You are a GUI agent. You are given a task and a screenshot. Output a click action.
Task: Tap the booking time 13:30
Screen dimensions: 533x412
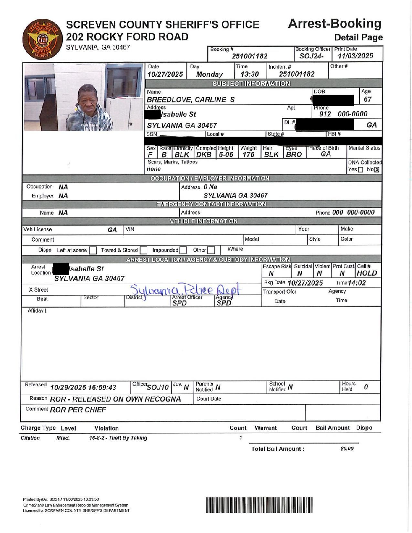(249, 74)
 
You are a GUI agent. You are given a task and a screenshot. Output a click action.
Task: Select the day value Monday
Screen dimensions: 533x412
(209, 74)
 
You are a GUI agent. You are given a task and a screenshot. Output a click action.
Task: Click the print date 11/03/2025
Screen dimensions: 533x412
(355, 56)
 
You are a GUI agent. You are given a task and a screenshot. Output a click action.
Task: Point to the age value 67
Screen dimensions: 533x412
(367, 99)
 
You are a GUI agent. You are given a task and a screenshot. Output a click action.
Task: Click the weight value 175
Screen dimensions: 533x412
(248, 154)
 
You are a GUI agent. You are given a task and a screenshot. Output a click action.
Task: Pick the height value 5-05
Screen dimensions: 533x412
(226, 154)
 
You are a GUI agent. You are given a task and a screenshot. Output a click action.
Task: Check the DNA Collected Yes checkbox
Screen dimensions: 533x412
(361, 170)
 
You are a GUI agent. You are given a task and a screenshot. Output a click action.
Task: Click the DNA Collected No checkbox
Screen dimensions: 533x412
(376, 170)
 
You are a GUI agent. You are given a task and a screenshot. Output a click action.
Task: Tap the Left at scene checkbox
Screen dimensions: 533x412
(93, 250)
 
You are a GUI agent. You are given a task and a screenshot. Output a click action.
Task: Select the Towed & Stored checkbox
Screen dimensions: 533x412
(144, 250)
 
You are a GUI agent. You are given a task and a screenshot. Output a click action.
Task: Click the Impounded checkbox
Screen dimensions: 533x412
(183, 250)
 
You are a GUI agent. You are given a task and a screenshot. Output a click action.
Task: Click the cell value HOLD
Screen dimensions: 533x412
(367, 273)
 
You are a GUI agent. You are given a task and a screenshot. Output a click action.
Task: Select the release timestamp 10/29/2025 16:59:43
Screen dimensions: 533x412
(83, 388)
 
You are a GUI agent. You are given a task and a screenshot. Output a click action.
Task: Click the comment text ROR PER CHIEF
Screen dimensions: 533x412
(78, 410)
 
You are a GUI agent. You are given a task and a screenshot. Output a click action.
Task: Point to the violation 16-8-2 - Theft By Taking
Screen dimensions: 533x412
(118, 438)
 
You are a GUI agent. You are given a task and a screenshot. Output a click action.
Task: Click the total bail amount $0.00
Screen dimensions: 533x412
(347, 449)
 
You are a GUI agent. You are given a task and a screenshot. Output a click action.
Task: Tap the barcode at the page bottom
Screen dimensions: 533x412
(259, 505)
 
